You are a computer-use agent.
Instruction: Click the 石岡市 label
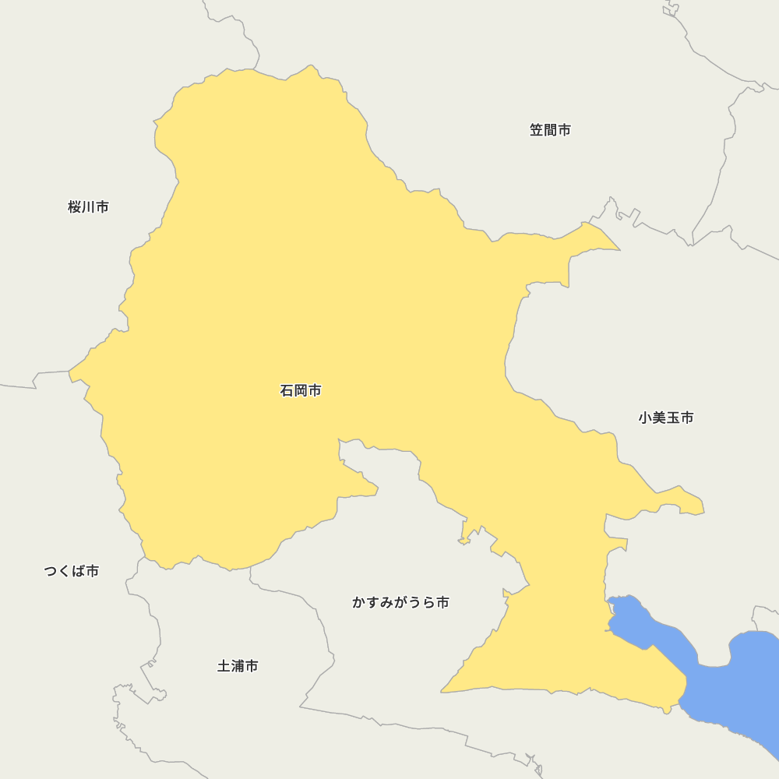[x=301, y=391]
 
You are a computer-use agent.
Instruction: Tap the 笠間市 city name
[x=550, y=130]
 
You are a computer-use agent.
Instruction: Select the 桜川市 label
[x=88, y=207]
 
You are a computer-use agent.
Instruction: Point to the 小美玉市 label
[x=666, y=418]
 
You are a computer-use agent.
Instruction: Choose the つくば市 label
[x=71, y=572]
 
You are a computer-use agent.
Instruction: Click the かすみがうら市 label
[x=400, y=603]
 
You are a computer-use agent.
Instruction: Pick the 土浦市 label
[x=238, y=667]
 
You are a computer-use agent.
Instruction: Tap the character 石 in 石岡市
[x=287, y=391]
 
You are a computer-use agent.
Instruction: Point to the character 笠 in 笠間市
[x=537, y=130]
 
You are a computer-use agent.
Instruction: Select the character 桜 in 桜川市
[x=75, y=207]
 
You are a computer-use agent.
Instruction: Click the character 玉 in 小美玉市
[x=673, y=418]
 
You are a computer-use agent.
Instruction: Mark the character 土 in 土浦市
[x=224, y=667]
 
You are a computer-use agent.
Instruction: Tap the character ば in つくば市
[x=78, y=572]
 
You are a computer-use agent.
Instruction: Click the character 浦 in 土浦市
[x=238, y=667]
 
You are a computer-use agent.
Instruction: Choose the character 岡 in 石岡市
[x=301, y=391]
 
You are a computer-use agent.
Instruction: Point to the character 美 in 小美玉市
[x=659, y=418]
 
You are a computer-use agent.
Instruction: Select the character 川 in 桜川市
[x=88, y=207]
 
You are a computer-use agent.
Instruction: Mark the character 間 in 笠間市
[x=550, y=130]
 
